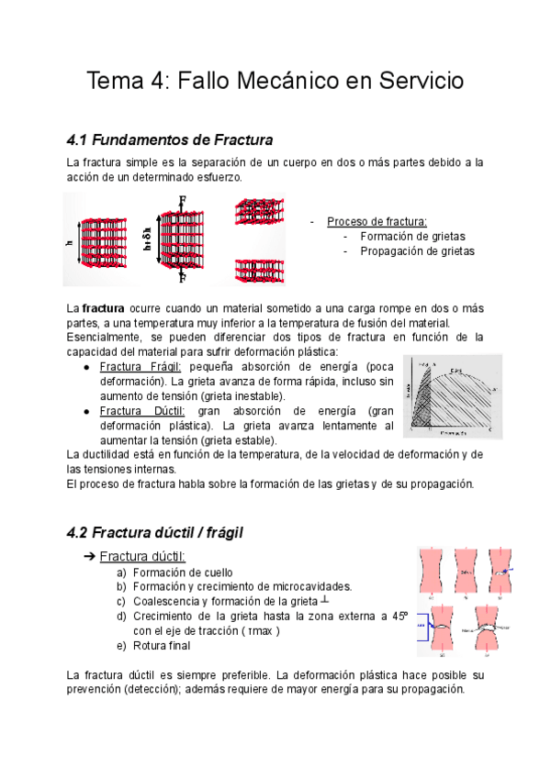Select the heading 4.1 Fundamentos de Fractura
point(170,140)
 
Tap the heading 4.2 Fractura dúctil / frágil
point(155,531)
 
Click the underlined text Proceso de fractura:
point(377,221)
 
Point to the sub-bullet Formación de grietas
point(412,236)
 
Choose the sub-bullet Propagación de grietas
point(417,250)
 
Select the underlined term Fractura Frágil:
point(141,366)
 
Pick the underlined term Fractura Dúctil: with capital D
point(141,410)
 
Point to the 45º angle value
point(399,617)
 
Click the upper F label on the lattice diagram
point(183,201)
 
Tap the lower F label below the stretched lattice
point(183,277)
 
